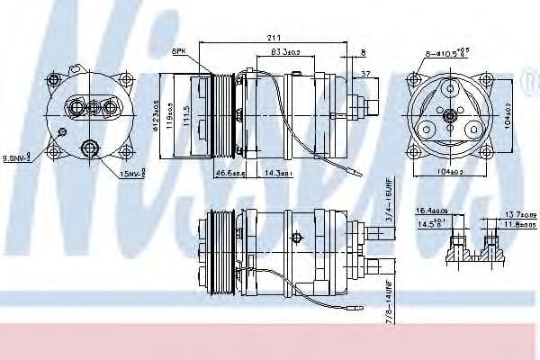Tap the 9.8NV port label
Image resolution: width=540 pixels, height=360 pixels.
click(16, 158)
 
